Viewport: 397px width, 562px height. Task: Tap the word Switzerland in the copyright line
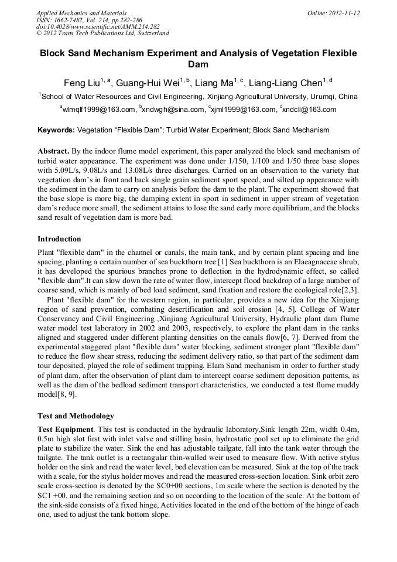[150, 34]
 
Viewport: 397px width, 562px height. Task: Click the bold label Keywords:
[56, 130]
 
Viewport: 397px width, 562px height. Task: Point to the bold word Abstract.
[53, 151]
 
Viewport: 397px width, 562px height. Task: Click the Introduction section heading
[59, 239]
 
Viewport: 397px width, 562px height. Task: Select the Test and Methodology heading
[76, 416]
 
